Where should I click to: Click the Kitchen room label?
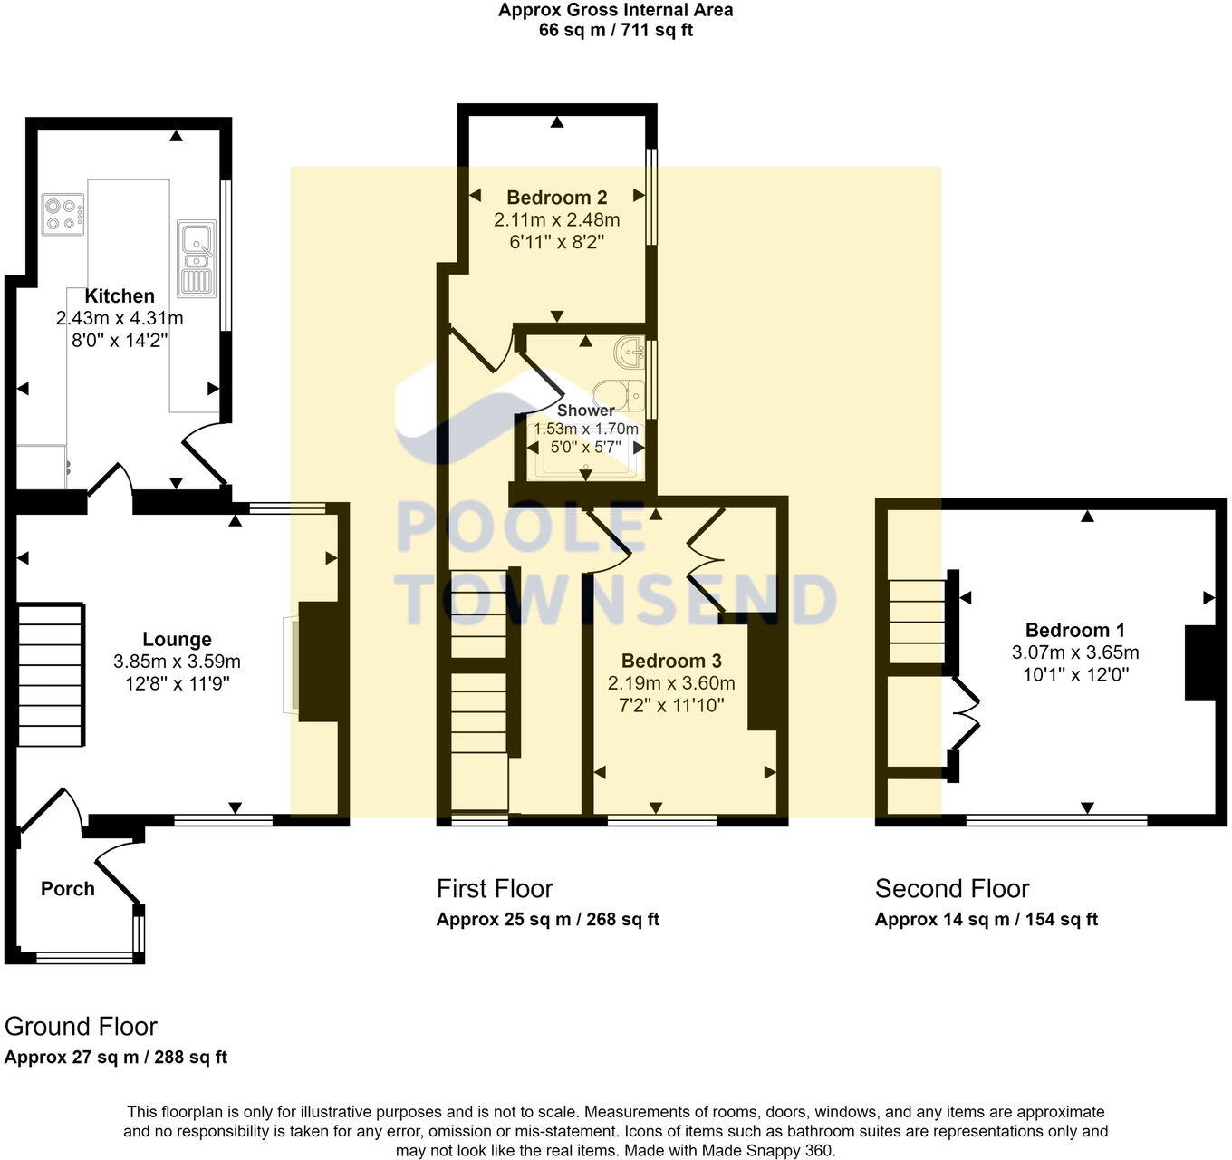tap(119, 295)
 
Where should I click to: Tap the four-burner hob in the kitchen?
tap(63, 215)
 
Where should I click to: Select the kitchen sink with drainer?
tap(197, 258)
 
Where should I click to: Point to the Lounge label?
tap(177, 639)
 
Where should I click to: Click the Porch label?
tap(68, 889)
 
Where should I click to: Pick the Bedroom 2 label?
tap(556, 198)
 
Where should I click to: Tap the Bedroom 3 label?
tap(671, 661)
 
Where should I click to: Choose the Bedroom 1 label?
tap(1074, 630)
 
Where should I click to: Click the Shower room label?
tap(585, 411)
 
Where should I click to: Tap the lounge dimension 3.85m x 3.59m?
tap(177, 662)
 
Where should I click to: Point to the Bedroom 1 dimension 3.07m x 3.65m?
tap(1075, 652)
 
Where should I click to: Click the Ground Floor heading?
tap(81, 1027)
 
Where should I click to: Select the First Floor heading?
tap(495, 889)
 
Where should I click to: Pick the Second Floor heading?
tap(951, 889)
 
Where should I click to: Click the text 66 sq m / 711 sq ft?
tap(615, 30)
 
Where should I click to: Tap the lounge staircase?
tap(50, 674)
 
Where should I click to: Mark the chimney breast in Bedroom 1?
tap(1200, 662)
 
